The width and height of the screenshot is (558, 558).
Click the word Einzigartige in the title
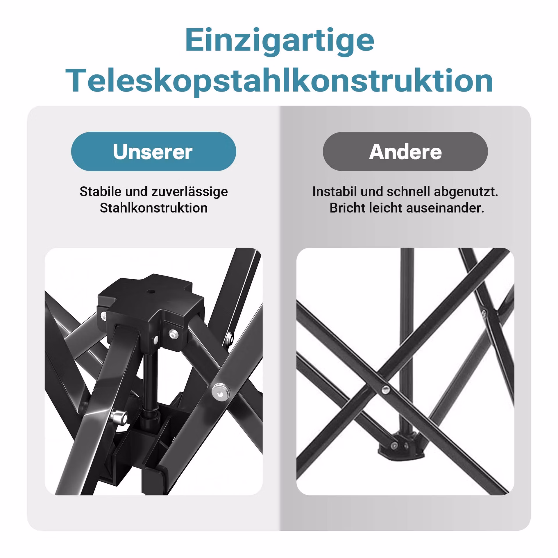(279, 41)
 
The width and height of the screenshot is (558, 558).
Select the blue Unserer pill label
(153, 151)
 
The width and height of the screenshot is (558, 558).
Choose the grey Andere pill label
(405, 151)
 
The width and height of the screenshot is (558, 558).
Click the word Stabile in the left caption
(101, 192)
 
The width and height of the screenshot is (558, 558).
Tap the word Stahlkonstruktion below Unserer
(153, 208)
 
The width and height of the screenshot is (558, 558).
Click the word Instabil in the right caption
(335, 192)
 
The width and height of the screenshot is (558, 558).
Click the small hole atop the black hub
(151, 291)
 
